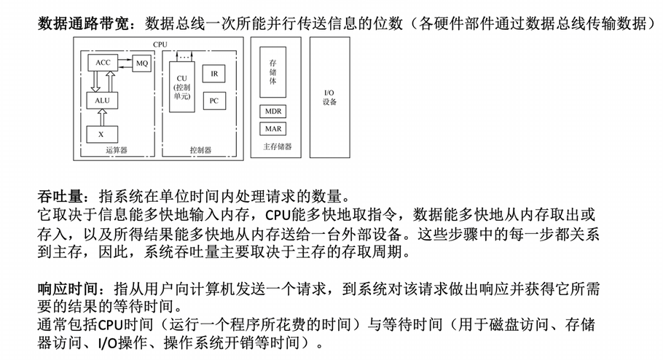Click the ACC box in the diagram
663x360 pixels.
point(103,63)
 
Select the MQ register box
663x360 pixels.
point(141,63)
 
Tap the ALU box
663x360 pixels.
point(102,101)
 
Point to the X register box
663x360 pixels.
point(102,135)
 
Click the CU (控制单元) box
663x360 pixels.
point(182,87)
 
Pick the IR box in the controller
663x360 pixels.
point(214,74)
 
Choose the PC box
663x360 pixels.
point(214,101)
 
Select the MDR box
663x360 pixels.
point(272,111)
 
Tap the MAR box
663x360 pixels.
point(272,128)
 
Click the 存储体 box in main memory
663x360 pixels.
point(272,72)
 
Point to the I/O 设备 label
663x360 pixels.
point(329,98)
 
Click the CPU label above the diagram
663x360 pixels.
point(160,44)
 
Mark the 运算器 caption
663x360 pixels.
point(117,149)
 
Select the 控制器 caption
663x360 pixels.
point(200,149)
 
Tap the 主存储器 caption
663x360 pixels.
point(278,146)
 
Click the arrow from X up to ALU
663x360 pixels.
point(102,117)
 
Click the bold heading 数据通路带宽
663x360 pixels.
point(83,23)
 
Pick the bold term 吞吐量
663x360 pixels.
point(60,196)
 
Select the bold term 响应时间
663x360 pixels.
point(68,289)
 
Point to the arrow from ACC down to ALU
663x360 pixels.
point(95,82)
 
